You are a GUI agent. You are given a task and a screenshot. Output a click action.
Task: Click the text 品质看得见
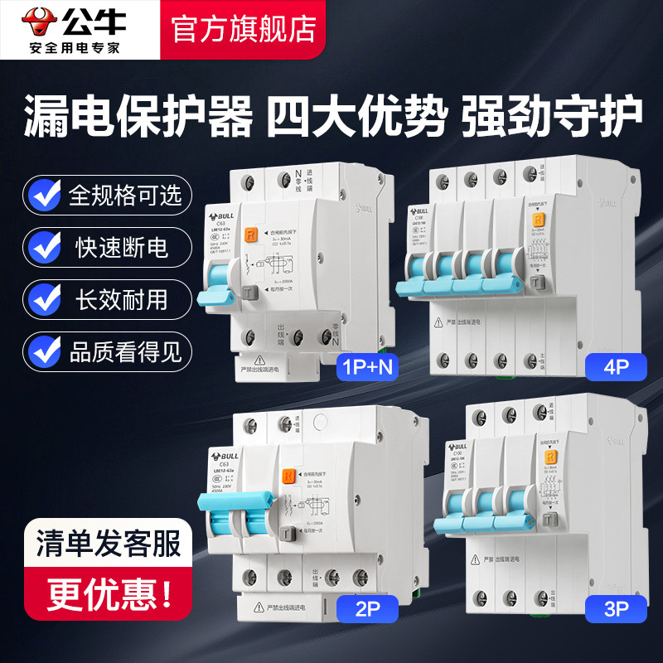pyautogui.click(x=125, y=351)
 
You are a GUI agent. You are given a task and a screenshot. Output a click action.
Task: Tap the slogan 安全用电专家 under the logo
pyautogui.click(x=75, y=46)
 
